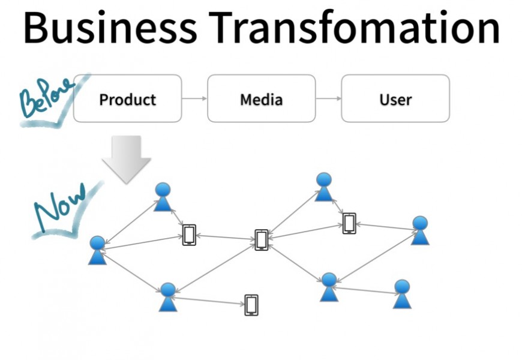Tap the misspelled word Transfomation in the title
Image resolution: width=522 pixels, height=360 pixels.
click(x=357, y=28)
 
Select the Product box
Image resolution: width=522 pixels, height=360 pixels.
click(x=127, y=98)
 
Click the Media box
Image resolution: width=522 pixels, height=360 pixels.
click(x=261, y=98)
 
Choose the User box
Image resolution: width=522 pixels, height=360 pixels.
click(x=395, y=98)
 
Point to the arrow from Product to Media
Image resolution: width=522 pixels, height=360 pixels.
click(x=194, y=98)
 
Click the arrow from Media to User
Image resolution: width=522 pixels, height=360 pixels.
click(x=328, y=98)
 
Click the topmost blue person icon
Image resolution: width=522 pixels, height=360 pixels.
click(x=324, y=187)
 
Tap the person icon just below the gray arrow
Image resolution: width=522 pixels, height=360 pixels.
click(x=163, y=197)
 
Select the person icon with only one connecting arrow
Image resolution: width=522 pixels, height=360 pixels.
click(x=402, y=293)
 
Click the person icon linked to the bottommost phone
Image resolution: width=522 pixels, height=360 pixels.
click(x=168, y=297)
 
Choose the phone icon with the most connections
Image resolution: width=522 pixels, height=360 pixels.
click(x=261, y=239)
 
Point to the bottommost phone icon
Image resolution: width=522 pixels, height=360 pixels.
click(x=251, y=305)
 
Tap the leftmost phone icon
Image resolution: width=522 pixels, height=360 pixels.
click(x=189, y=234)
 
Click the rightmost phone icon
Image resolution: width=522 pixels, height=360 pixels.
click(x=349, y=223)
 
